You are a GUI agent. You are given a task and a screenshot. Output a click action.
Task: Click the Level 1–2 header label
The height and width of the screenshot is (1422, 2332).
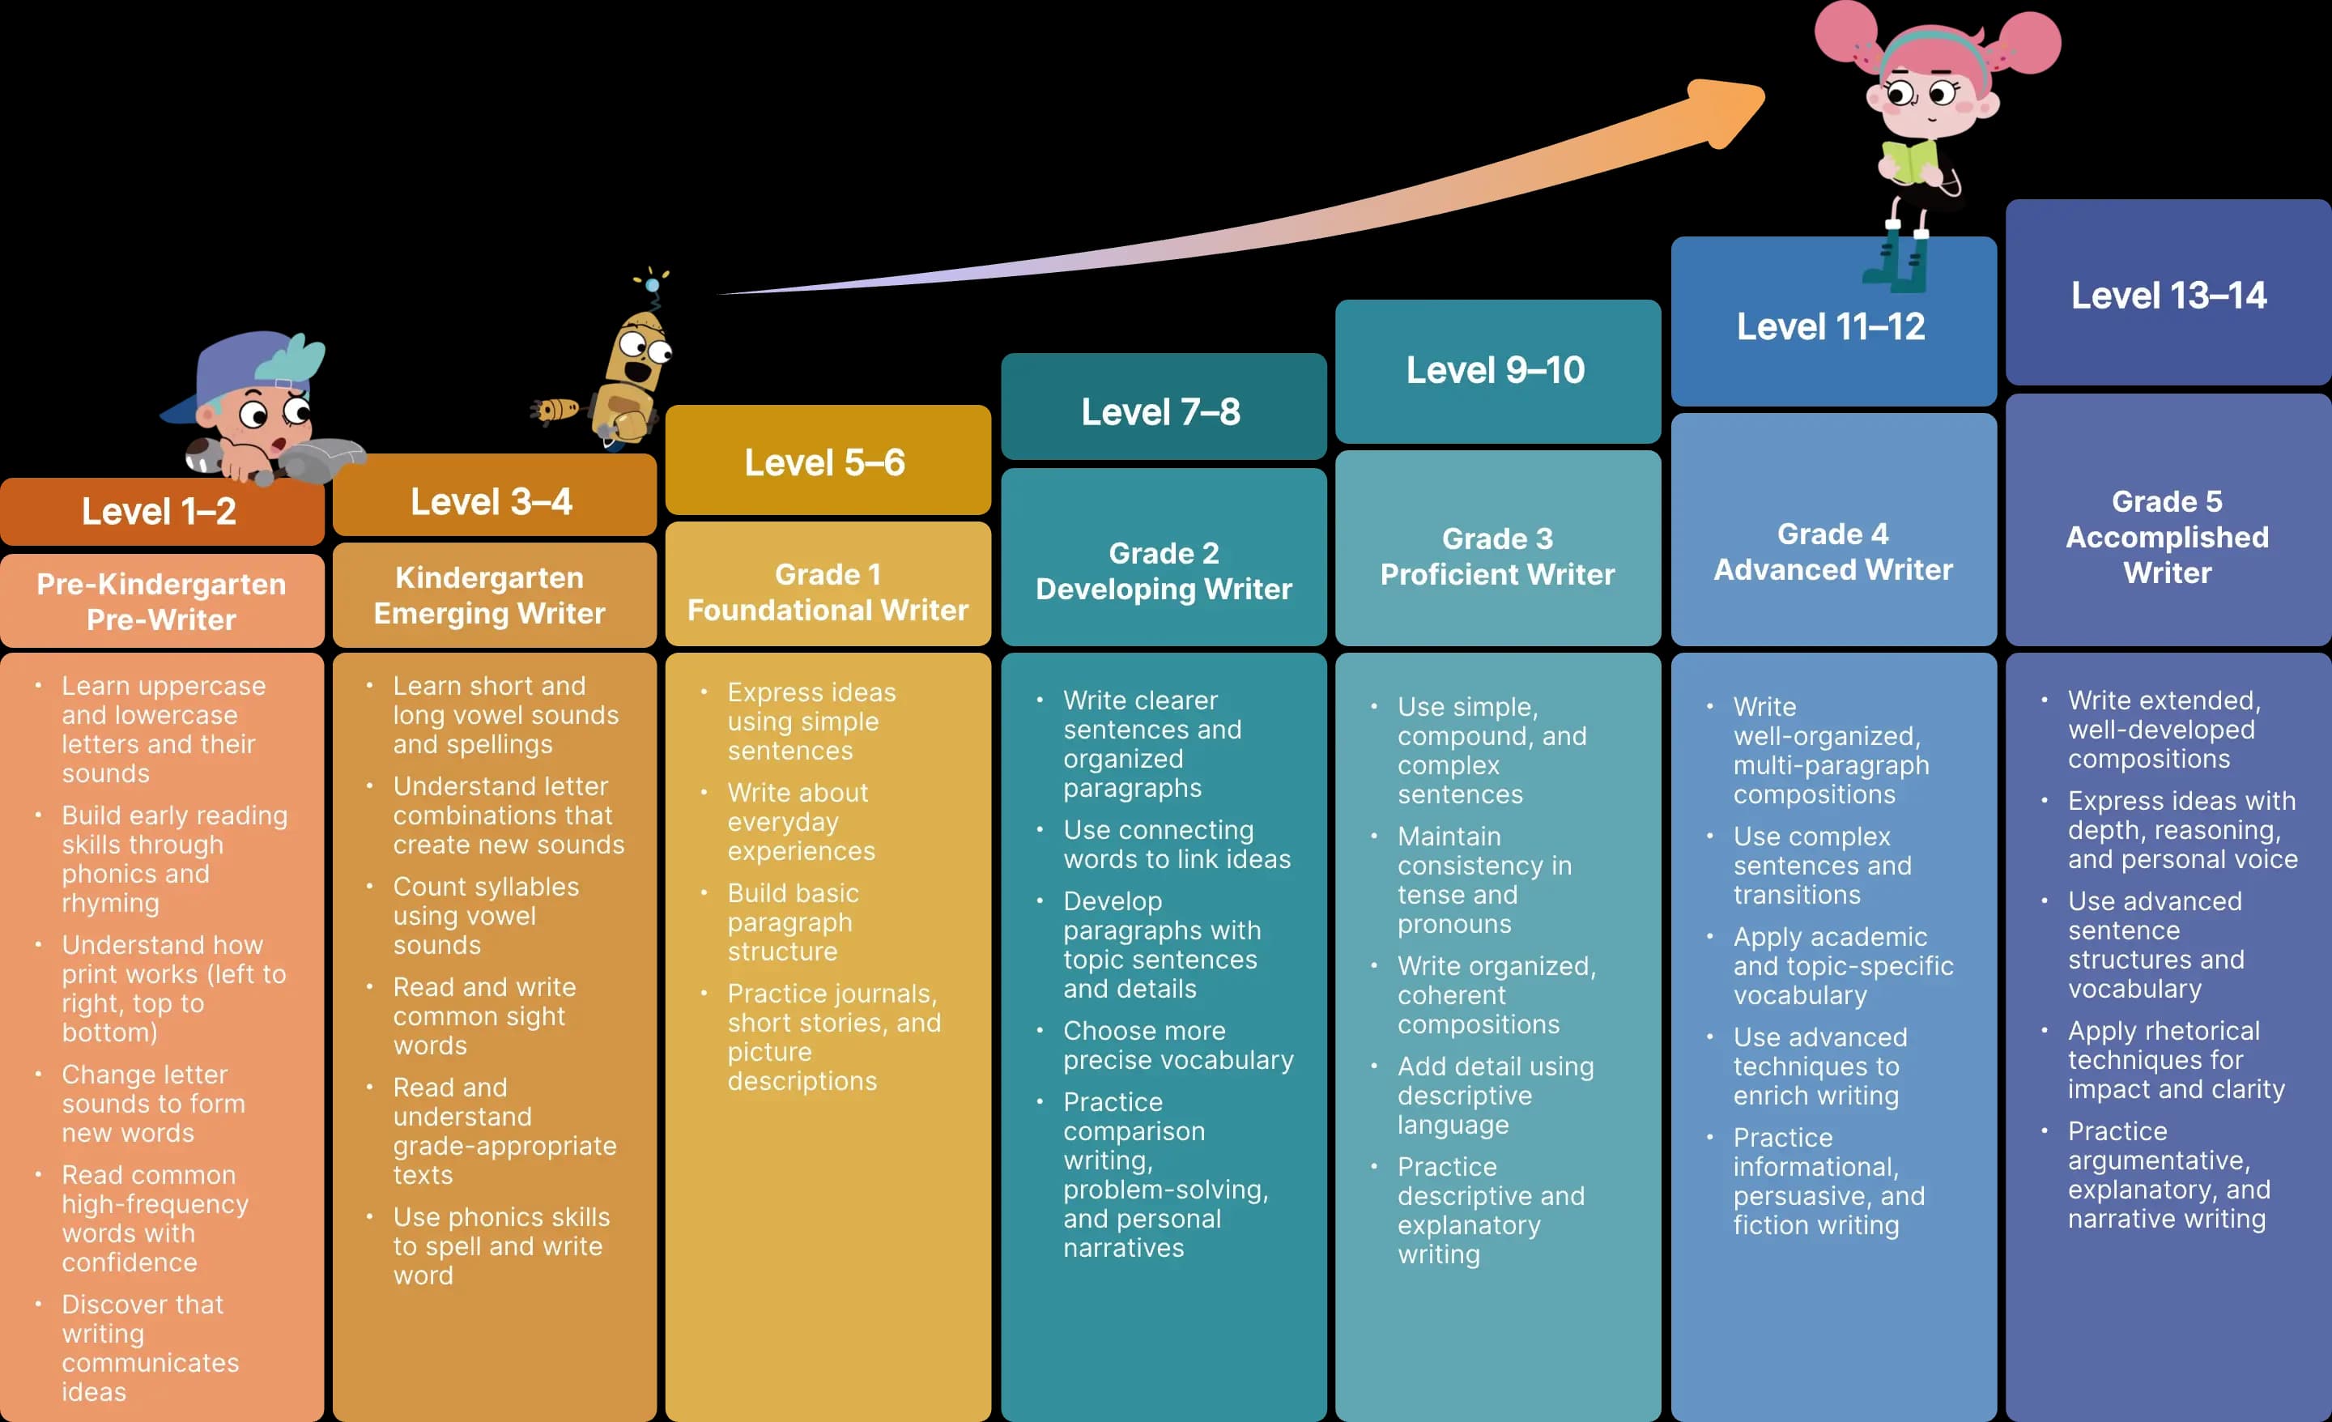[159, 512]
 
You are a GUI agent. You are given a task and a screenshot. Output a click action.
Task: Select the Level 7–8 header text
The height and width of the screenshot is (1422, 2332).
[1160, 412]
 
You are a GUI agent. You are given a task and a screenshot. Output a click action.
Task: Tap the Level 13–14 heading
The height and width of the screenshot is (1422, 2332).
[2168, 296]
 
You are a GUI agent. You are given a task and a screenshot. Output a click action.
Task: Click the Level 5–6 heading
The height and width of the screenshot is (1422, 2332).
[824, 463]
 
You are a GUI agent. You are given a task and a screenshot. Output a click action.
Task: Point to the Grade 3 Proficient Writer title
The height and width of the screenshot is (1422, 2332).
[1496, 556]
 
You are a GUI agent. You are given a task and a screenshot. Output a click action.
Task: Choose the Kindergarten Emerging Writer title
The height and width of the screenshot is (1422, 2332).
[489, 595]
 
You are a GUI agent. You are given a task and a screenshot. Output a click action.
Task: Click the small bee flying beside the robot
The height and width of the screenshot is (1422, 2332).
[556, 410]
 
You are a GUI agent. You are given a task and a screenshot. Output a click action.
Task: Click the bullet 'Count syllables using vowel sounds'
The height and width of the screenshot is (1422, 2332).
[486, 916]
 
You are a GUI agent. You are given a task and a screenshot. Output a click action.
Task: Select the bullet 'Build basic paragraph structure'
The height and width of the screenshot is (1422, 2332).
[792, 922]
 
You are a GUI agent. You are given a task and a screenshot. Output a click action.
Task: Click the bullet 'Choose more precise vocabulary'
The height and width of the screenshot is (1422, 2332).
[1177, 1045]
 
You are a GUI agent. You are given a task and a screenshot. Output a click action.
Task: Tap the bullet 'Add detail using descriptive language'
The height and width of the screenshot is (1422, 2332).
[1495, 1096]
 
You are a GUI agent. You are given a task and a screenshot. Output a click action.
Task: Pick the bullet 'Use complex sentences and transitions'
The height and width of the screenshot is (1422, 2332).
[1821, 866]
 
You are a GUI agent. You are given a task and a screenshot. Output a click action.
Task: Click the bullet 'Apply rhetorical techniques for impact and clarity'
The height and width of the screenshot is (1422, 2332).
[2175, 1059]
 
